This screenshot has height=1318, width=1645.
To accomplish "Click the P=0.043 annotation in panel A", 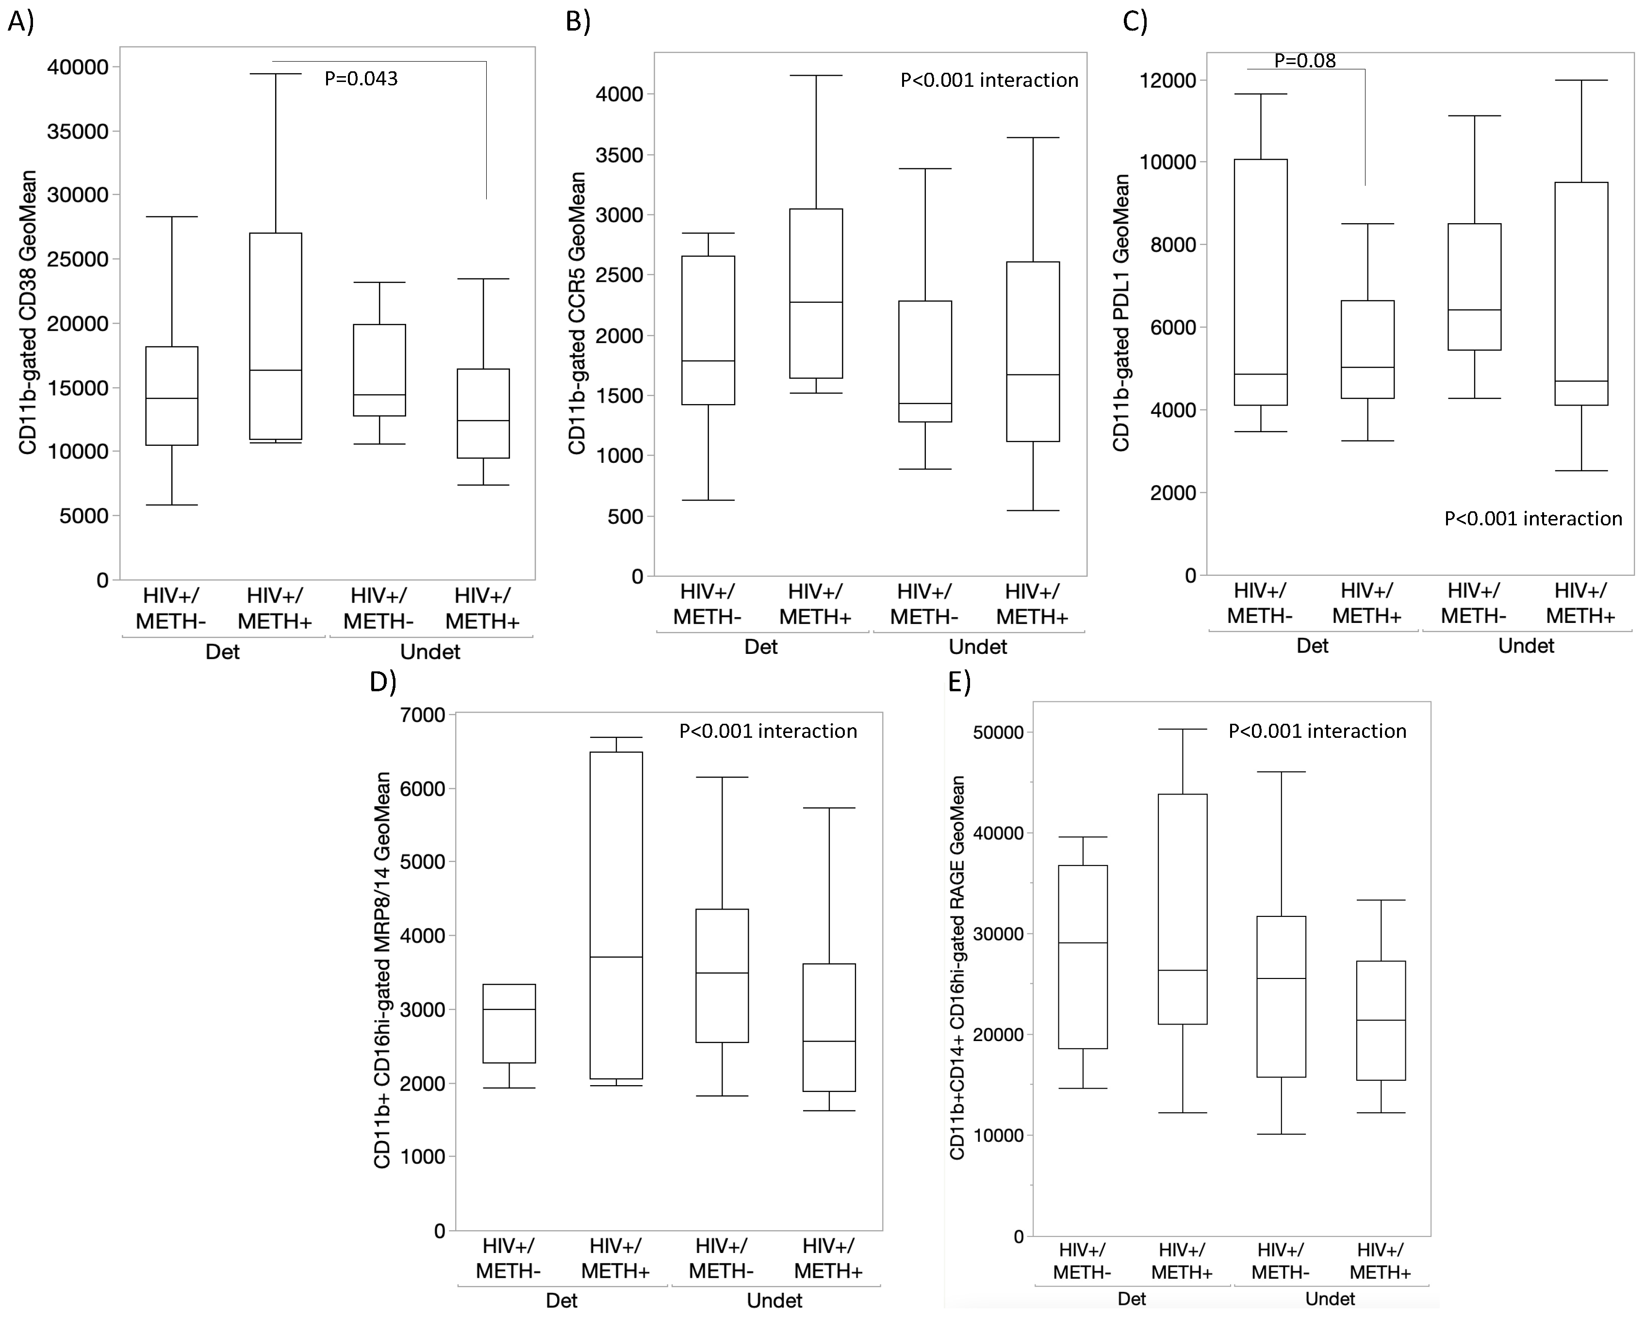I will pos(361,79).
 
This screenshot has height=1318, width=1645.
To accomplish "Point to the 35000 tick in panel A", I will pos(77,131).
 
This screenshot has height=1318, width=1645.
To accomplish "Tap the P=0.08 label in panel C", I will pos(1305,60).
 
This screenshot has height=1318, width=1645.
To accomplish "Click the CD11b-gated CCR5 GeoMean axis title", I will pos(577,313).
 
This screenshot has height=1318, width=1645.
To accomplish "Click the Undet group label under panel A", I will pos(430,651).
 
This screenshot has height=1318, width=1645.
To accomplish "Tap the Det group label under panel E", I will pos(1132,1298).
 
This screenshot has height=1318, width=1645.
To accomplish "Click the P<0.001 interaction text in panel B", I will pos(989,80).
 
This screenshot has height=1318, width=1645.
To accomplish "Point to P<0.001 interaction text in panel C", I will pos(1533,519).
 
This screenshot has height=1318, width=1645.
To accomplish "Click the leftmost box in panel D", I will pos(509,1024).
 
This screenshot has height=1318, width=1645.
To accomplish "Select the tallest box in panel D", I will pos(616,915).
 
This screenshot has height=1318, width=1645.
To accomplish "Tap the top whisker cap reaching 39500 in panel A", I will pos(276,74).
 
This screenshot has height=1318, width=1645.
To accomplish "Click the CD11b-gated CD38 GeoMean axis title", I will pos(28,313).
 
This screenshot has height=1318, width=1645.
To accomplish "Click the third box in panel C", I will pos(1474,287).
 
